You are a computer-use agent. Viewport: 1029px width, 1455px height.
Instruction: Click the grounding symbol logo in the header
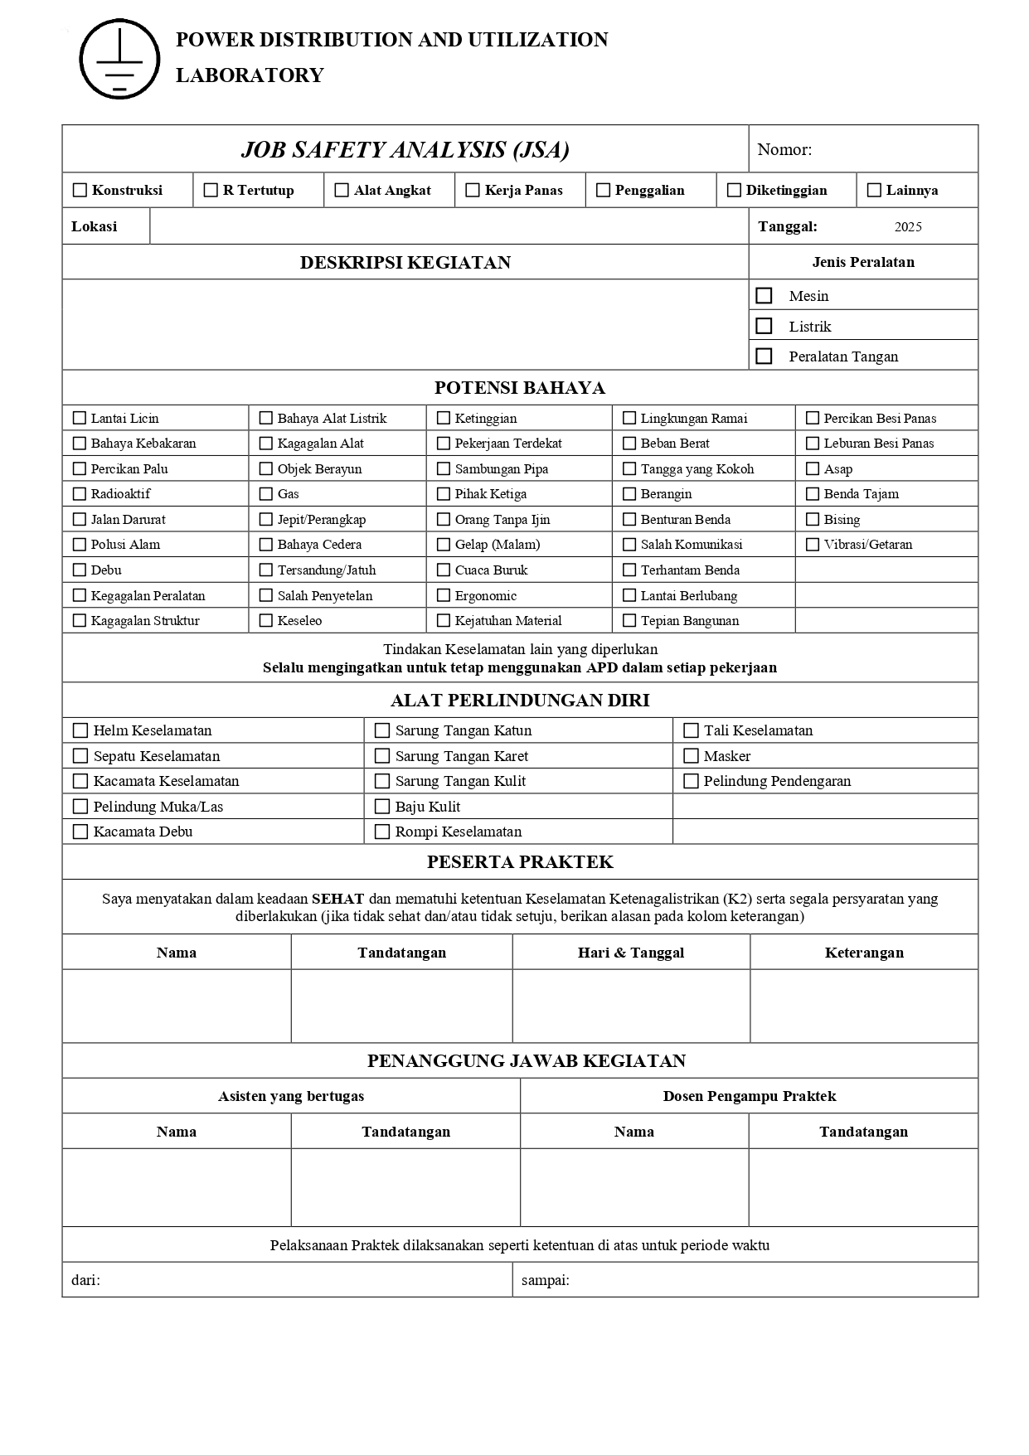click(x=119, y=59)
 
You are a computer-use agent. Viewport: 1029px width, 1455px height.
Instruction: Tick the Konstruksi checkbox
click(x=80, y=190)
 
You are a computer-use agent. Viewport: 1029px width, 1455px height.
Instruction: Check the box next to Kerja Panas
click(x=473, y=190)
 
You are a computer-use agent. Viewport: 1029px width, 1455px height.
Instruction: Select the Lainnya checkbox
click(x=874, y=190)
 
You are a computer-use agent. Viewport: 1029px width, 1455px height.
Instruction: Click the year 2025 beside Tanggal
click(x=908, y=227)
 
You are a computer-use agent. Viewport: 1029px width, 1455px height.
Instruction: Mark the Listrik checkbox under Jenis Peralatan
click(x=764, y=326)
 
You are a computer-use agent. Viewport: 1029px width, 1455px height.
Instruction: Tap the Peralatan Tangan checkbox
click(x=764, y=356)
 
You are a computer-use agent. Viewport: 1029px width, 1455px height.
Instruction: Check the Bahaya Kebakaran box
click(x=80, y=444)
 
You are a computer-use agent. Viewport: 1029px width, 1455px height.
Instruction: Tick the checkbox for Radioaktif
click(x=80, y=494)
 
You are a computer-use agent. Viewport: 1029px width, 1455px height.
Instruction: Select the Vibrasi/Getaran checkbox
click(x=813, y=545)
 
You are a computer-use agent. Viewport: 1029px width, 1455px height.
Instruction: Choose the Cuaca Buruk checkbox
click(x=444, y=570)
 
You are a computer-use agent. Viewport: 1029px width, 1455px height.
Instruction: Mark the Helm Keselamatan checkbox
click(x=80, y=730)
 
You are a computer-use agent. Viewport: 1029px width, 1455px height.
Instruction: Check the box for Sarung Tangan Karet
click(x=382, y=756)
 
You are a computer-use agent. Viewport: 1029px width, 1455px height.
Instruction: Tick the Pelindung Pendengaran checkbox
click(x=691, y=781)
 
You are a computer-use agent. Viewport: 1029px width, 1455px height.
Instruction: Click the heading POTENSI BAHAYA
click(x=520, y=388)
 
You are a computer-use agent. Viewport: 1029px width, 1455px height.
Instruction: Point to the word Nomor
click(x=783, y=150)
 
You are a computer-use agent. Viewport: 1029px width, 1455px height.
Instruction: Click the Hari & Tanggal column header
click(x=631, y=953)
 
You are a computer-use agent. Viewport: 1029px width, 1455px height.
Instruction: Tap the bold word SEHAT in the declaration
click(x=337, y=899)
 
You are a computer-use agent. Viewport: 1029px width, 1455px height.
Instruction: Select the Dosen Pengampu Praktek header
click(x=750, y=1096)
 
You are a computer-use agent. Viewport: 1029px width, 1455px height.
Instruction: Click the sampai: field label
click(x=546, y=1280)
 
